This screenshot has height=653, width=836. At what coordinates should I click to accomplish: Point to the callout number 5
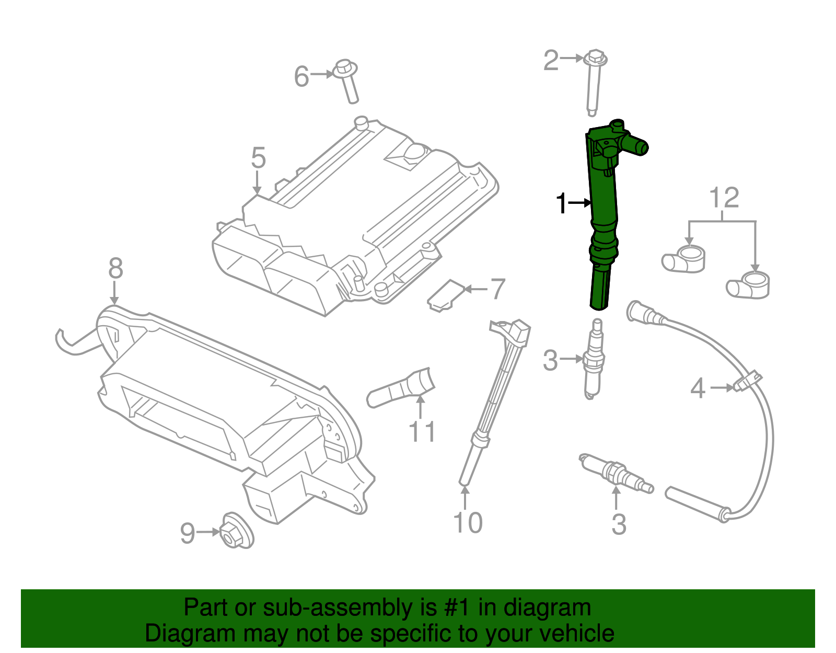(258, 158)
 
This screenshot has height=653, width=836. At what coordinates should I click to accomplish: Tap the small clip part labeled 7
(445, 296)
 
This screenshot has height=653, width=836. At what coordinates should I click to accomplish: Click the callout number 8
(115, 269)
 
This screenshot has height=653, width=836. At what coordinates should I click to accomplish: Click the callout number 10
(468, 523)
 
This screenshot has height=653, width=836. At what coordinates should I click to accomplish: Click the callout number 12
(724, 198)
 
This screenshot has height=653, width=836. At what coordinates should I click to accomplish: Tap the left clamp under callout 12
(683, 259)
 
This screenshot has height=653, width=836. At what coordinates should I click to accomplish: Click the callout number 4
(698, 388)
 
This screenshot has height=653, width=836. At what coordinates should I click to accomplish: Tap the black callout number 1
(562, 203)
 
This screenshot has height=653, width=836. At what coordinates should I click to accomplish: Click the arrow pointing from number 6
(322, 75)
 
